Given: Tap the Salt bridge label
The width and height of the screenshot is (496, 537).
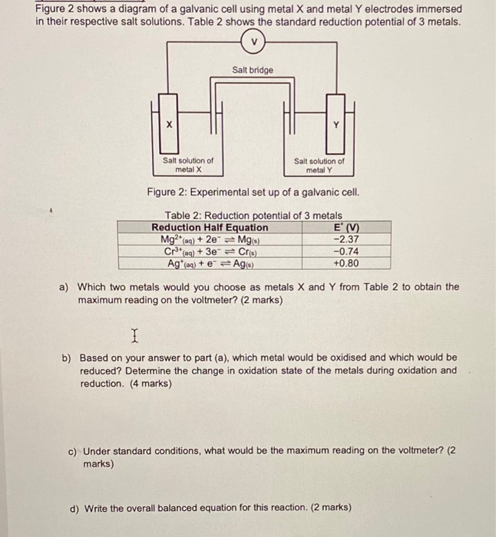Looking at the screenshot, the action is click(x=252, y=70).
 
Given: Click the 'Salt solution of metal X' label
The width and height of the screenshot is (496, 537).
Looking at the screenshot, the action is click(x=187, y=165).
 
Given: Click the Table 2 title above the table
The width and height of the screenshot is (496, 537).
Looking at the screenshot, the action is click(x=253, y=216).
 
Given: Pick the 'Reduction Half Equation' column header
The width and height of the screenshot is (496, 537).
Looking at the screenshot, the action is click(x=210, y=227).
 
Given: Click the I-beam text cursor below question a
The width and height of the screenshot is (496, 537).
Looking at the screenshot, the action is click(x=135, y=334).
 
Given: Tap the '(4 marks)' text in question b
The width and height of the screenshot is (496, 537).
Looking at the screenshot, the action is click(x=145, y=384).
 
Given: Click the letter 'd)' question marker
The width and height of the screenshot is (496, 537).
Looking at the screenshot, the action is click(x=76, y=507).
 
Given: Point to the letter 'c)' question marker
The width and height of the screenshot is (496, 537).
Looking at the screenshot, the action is click(x=74, y=451).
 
